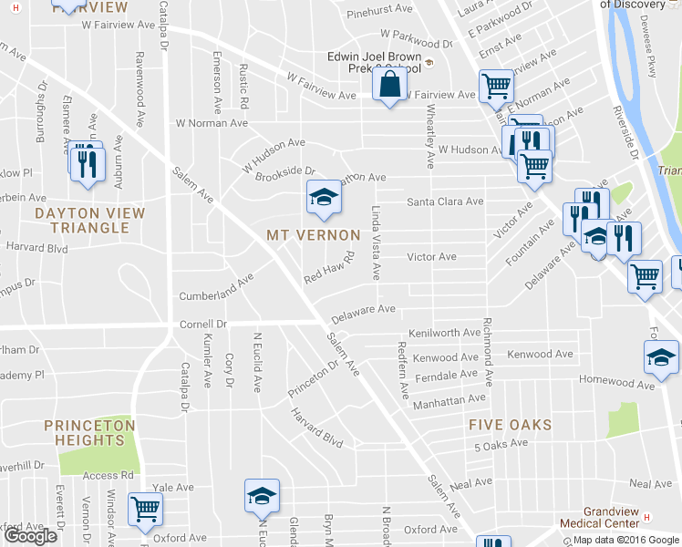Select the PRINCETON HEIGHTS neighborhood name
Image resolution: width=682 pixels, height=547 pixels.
(x=90, y=433)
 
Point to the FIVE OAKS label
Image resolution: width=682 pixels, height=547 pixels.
(x=511, y=425)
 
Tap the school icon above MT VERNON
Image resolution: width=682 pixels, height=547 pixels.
(x=321, y=198)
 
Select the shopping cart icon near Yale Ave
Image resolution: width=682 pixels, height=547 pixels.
(x=145, y=510)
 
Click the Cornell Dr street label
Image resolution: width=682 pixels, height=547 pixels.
(x=202, y=324)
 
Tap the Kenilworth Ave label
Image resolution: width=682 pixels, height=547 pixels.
(x=443, y=334)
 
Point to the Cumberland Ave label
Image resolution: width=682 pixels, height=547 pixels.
(x=216, y=290)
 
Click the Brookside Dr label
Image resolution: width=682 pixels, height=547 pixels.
(x=284, y=170)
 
